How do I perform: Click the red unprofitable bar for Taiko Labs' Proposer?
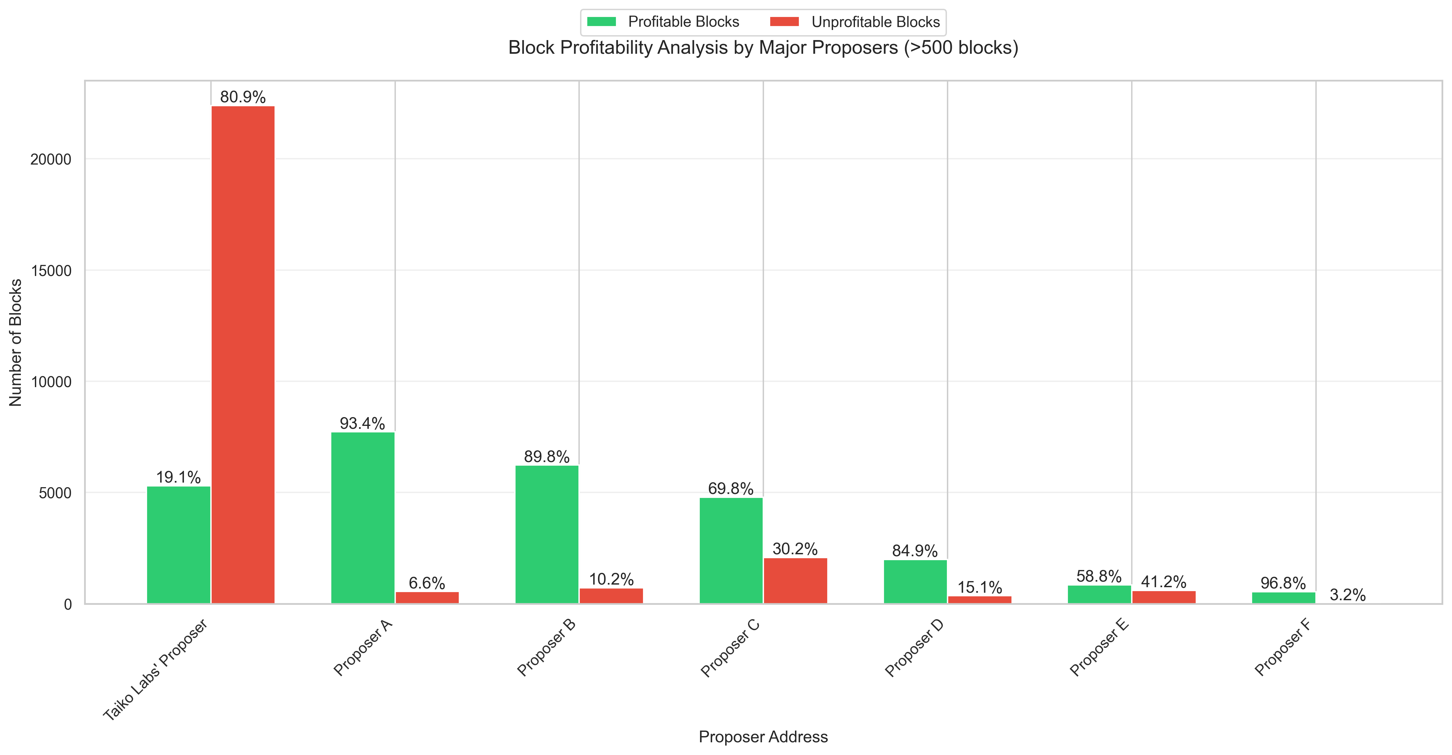[x=243, y=355]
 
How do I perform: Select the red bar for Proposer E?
[x=1164, y=597]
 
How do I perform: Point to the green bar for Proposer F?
[x=1283, y=598]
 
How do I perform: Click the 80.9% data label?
[x=243, y=97]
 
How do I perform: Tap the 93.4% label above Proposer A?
[x=363, y=423]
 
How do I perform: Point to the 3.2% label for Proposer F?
[x=1348, y=595]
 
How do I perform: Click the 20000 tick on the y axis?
[x=51, y=159]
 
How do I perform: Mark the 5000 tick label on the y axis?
[x=55, y=493]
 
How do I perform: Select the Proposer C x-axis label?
[x=730, y=648]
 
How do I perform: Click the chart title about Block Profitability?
[x=763, y=48]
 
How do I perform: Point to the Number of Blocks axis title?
[x=16, y=342]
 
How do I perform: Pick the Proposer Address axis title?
[x=763, y=736]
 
